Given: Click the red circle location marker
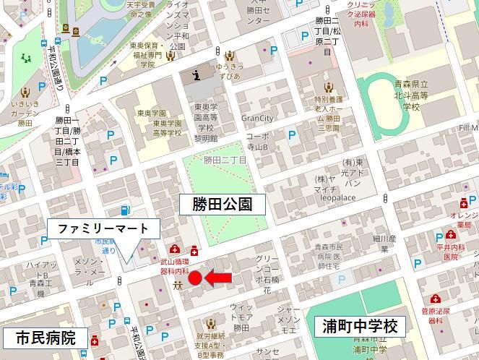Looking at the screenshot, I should (x=194, y=278).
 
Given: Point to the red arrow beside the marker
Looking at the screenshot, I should (x=218, y=277).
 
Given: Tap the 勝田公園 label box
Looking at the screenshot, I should (x=222, y=205).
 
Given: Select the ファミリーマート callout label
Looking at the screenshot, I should (x=103, y=228).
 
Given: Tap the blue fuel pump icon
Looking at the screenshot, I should (x=126, y=210).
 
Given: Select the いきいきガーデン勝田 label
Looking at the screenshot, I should (x=26, y=113).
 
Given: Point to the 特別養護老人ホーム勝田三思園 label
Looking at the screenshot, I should (x=327, y=108).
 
